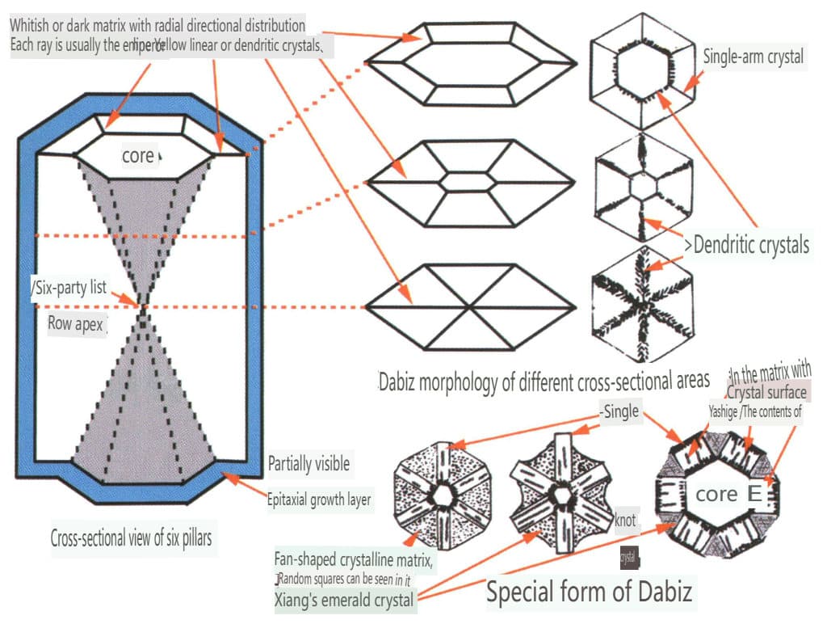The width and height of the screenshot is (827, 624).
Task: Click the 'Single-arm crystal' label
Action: coord(754,57)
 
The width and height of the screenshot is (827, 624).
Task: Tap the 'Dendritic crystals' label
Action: coord(750,245)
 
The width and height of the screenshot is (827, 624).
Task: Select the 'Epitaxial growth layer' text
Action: coord(319,500)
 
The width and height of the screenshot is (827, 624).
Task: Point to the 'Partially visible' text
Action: coord(309,464)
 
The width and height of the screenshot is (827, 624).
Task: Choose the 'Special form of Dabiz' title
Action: coord(589,592)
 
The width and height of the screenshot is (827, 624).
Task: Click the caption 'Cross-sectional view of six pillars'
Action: coord(131,537)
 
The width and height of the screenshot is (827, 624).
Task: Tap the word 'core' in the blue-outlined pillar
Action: coord(138,155)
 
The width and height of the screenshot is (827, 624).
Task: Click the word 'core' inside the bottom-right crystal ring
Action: coord(716,494)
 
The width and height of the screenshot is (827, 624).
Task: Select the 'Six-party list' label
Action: coord(69,288)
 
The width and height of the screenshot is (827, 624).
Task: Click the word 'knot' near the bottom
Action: coord(626,522)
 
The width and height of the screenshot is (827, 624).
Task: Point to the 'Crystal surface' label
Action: coord(766,393)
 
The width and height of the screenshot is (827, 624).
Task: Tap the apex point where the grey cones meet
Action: coord(142,306)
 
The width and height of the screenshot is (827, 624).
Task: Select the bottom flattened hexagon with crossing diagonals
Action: coord(469,307)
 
